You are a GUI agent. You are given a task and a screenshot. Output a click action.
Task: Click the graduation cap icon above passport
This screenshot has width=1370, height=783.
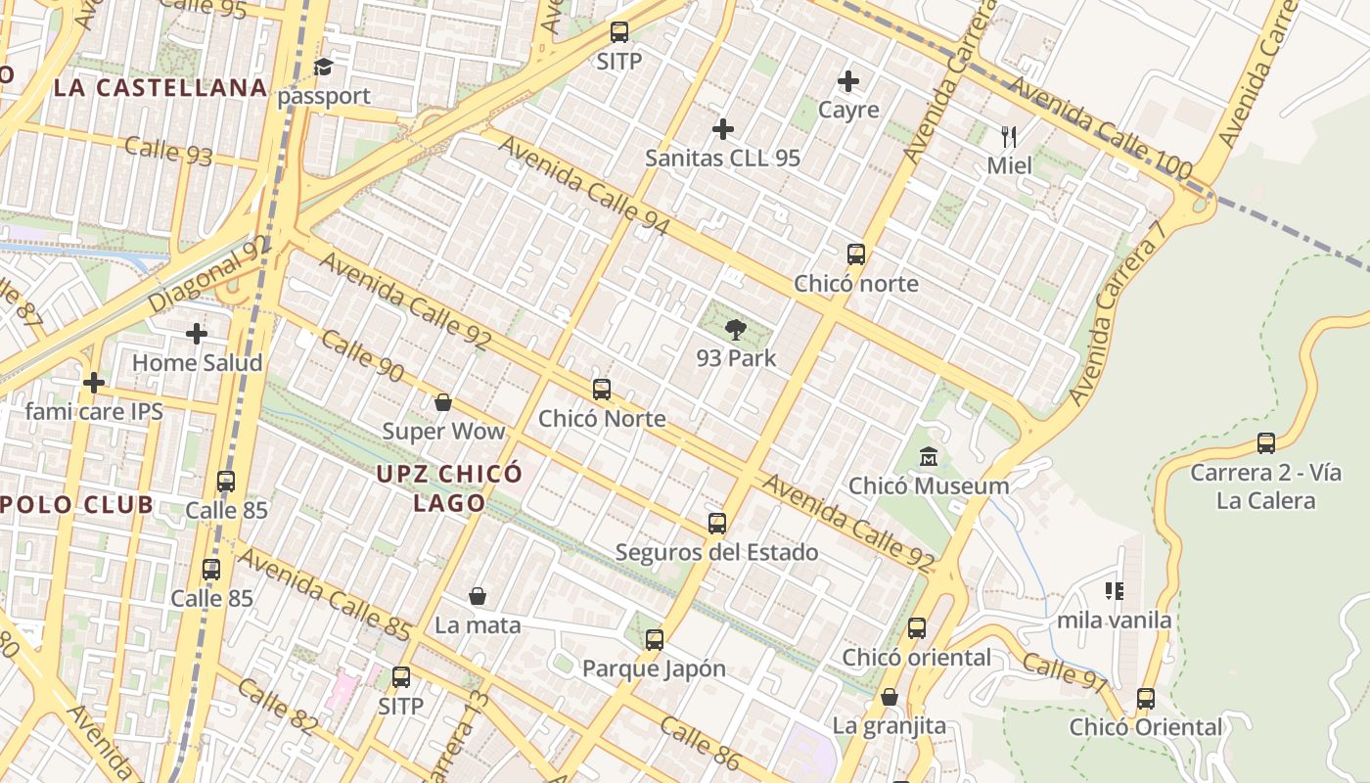pyautogui.click(x=323, y=68)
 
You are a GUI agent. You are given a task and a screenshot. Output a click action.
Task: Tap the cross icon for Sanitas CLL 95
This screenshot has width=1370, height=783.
pyautogui.click(x=723, y=129)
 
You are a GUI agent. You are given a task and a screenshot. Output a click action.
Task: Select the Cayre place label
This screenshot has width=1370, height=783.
pyautogui.click(x=848, y=110)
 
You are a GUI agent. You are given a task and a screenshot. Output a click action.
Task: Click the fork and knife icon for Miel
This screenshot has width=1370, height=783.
pyautogui.click(x=1009, y=136)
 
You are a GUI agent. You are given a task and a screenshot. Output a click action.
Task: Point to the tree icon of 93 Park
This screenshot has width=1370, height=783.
pyautogui.click(x=736, y=330)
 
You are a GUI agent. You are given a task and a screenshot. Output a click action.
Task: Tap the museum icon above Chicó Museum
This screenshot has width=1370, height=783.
pyautogui.click(x=929, y=457)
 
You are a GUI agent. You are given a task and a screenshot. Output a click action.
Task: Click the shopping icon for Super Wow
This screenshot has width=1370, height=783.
pyautogui.click(x=443, y=402)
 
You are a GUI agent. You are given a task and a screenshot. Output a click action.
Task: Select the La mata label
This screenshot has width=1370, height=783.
pyautogui.click(x=478, y=624)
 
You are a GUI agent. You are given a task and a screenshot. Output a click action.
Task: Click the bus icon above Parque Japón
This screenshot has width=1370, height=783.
pyautogui.click(x=654, y=640)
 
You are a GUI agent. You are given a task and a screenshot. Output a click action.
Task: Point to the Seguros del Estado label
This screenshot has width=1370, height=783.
pyautogui.click(x=716, y=552)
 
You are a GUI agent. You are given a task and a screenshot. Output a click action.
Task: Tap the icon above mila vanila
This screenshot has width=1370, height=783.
pyautogui.click(x=1114, y=591)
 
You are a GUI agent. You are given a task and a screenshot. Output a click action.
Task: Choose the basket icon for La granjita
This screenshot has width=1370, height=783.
pyautogui.click(x=890, y=697)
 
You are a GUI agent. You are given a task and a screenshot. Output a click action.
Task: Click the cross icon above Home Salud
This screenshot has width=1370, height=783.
pyautogui.click(x=197, y=334)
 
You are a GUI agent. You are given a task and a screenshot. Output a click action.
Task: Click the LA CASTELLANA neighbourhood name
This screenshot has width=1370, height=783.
pyautogui.click(x=160, y=88)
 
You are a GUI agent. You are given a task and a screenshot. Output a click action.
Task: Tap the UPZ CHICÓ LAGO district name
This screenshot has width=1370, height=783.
pyautogui.click(x=449, y=488)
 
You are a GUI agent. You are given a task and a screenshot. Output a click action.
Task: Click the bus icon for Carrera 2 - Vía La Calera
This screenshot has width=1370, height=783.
pyautogui.click(x=1265, y=443)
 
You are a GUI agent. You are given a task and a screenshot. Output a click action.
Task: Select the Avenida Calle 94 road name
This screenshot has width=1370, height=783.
pyautogui.click(x=584, y=186)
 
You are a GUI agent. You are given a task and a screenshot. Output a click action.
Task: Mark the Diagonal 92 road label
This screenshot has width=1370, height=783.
pyautogui.click(x=208, y=275)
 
